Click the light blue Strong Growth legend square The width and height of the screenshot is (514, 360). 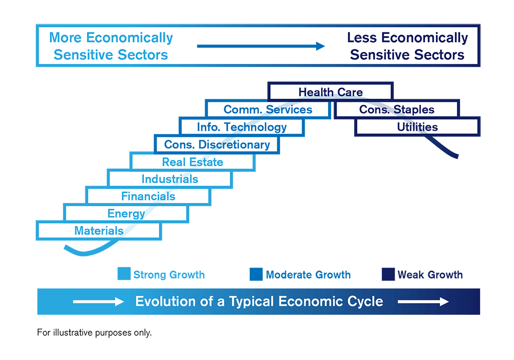[x=124, y=274]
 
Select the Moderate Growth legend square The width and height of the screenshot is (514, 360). [x=256, y=274]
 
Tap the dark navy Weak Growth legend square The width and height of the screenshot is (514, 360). [x=388, y=274]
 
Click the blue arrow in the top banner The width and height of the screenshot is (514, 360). [x=261, y=46]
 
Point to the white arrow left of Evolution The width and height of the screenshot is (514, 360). [x=98, y=301]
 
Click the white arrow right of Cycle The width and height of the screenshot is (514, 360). [x=423, y=301]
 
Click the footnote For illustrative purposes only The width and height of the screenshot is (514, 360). [x=95, y=332]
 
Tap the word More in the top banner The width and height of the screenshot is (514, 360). [x=65, y=38]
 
